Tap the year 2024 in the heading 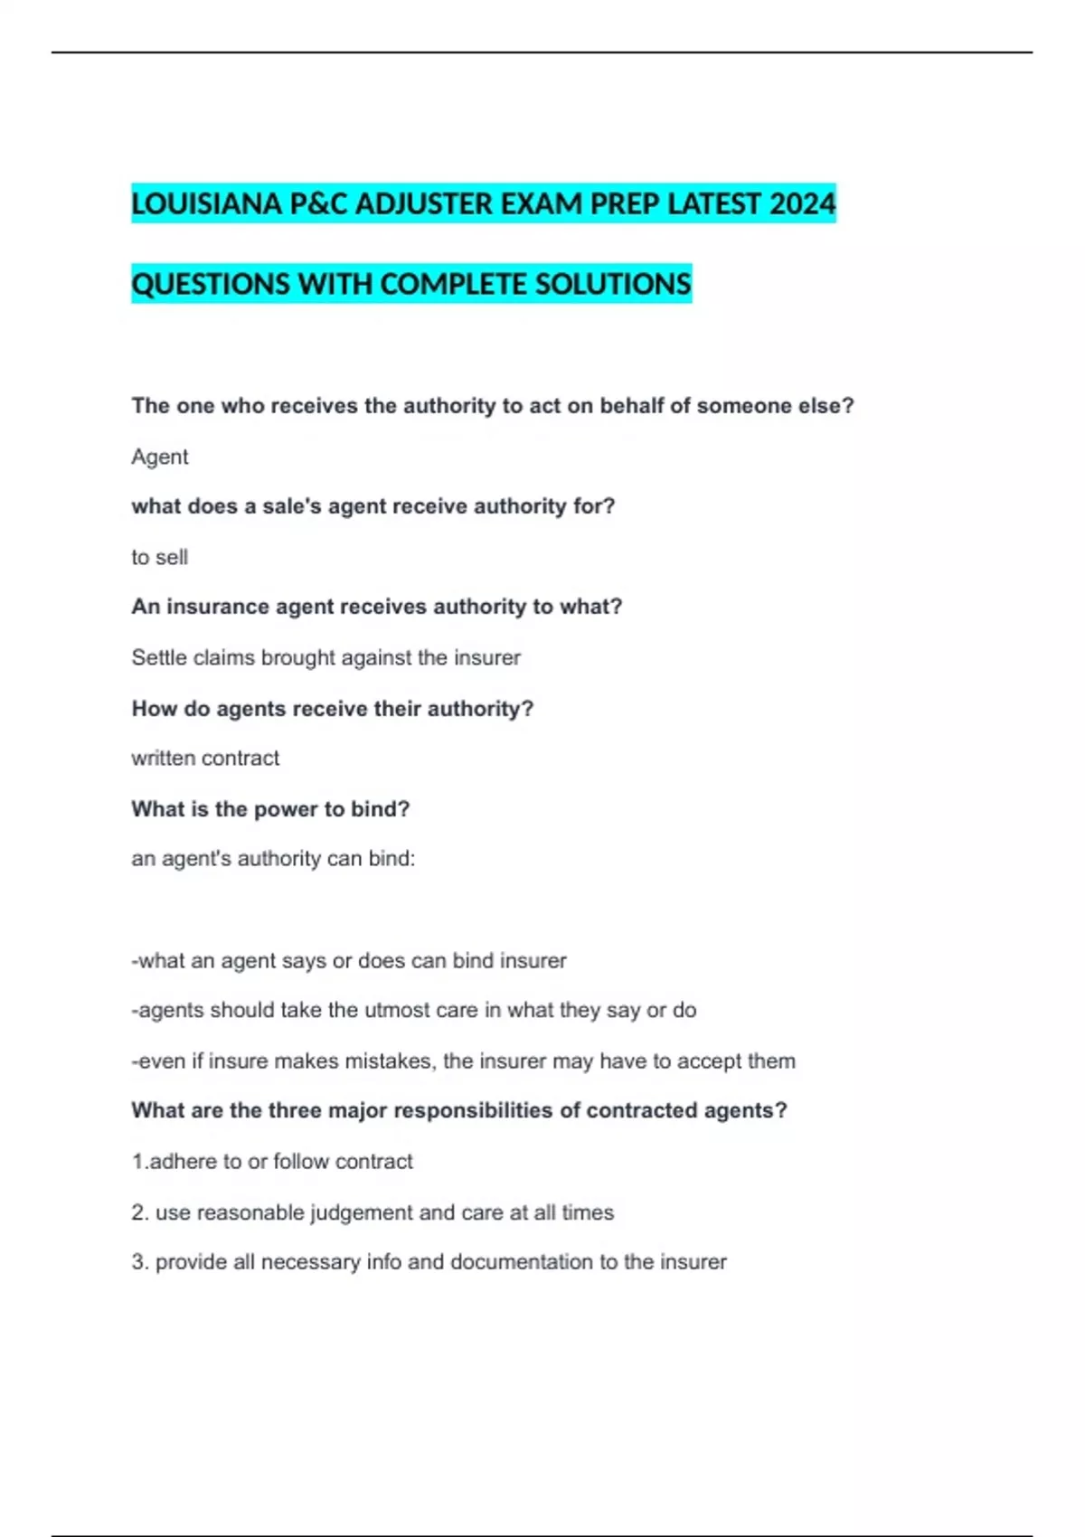click(x=802, y=204)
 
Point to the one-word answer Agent click(x=160, y=457)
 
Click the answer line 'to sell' click(x=160, y=558)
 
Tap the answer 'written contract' click(x=205, y=759)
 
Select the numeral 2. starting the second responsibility click(x=140, y=1213)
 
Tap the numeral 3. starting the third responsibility click(x=140, y=1263)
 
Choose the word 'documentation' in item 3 click(x=522, y=1263)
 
